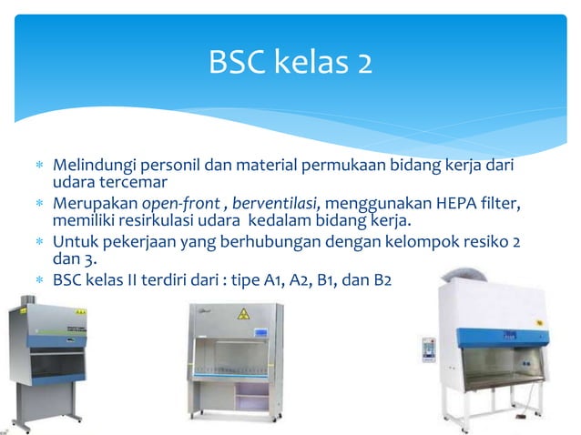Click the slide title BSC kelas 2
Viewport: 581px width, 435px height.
tap(290, 63)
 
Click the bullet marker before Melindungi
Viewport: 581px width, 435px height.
tap(37, 167)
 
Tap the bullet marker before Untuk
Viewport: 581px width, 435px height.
tap(37, 244)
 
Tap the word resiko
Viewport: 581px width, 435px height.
tap(477, 243)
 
